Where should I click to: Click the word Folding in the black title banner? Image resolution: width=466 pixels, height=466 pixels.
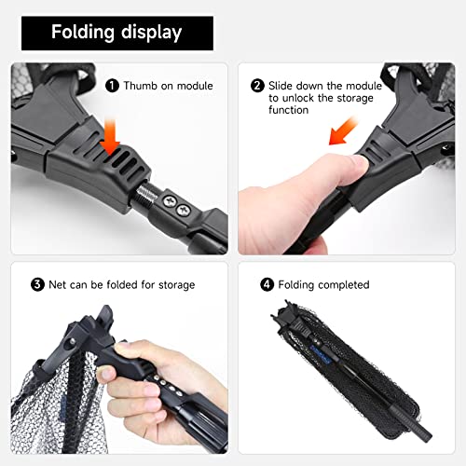pos(84,33)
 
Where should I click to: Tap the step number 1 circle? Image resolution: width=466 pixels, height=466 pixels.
pos(113,86)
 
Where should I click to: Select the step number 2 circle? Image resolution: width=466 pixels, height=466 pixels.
pos(258,85)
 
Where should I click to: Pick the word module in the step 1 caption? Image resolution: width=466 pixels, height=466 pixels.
pos(194,86)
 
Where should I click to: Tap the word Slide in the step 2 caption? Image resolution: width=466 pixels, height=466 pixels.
pos(283,85)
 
